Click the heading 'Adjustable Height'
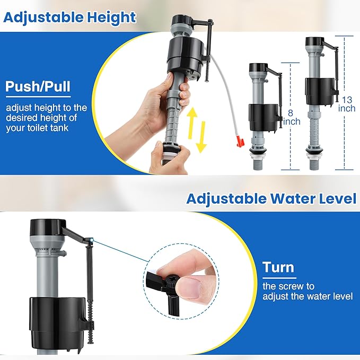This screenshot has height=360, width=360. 69,17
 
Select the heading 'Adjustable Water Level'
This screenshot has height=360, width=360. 271,199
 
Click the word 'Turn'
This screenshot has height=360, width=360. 278,267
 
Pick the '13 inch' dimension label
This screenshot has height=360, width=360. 347,104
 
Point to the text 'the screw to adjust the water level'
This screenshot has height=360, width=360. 308,292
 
